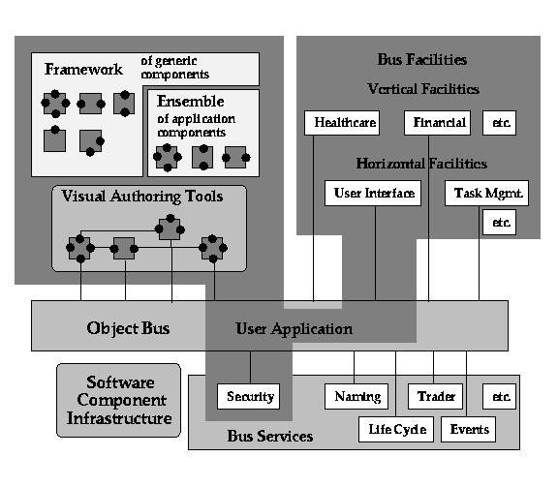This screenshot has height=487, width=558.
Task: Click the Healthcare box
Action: click(x=342, y=123)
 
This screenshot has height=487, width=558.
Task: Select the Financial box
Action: click(x=437, y=123)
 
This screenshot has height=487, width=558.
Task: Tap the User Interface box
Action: click(x=373, y=194)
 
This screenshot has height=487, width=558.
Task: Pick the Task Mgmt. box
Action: click(x=487, y=194)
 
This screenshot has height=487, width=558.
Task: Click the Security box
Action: click(x=248, y=396)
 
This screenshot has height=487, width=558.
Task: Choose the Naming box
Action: click(x=356, y=396)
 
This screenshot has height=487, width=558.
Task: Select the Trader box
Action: click(x=435, y=396)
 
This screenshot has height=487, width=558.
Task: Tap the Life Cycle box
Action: click(x=396, y=429)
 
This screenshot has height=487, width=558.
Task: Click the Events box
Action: click(x=468, y=429)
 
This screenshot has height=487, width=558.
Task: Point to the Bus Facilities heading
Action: click(x=422, y=59)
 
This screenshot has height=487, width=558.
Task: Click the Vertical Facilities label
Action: click(x=423, y=88)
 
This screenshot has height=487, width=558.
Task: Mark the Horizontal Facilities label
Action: click(x=421, y=164)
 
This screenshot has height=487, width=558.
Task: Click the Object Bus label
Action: click(x=128, y=328)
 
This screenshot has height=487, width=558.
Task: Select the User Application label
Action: click(x=294, y=329)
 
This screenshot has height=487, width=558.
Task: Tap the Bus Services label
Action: click(x=270, y=436)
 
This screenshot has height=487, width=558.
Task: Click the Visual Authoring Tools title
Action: click(x=142, y=197)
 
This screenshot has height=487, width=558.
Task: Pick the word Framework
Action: click(x=83, y=69)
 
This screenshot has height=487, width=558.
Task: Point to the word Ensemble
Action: click(x=191, y=102)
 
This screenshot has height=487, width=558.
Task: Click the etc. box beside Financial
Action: click(x=499, y=123)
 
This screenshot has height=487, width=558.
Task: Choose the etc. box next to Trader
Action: click(x=499, y=396)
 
